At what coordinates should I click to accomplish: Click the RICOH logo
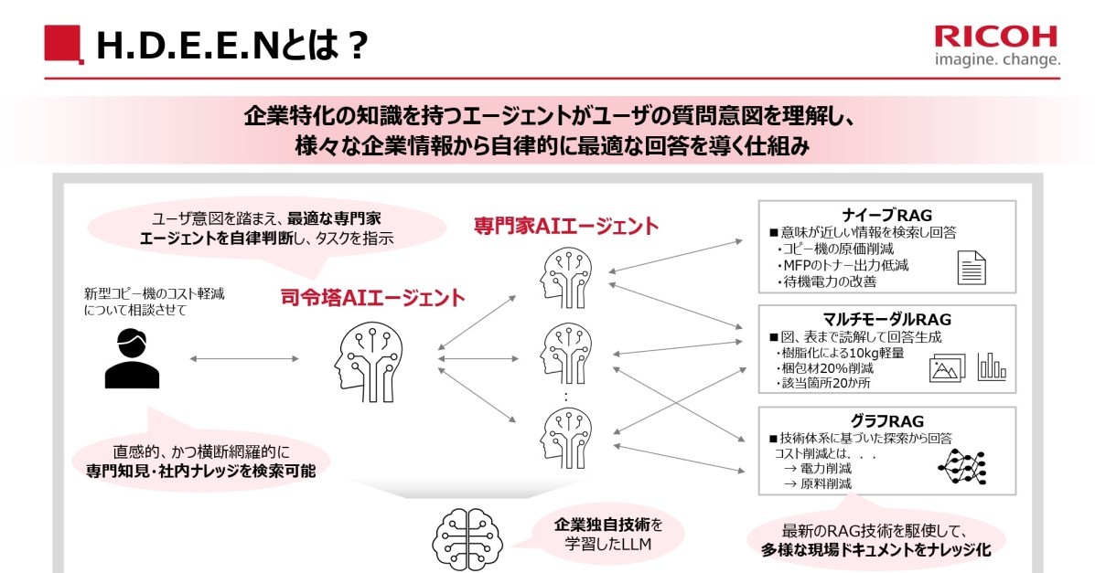[x=995, y=36]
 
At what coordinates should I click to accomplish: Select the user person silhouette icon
[x=131, y=359]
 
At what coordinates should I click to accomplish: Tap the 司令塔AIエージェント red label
[x=372, y=298]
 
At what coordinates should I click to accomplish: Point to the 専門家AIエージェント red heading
[x=565, y=225]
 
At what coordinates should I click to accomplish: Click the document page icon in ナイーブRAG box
[x=972, y=268]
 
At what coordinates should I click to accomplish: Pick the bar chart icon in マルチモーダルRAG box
[x=992, y=366]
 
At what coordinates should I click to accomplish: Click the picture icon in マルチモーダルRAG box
[x=948, y=368]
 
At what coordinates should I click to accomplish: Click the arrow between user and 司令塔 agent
[x=244, y=359]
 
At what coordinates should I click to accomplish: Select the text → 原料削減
[x=817, y=483]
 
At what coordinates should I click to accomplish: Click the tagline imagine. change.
[x=997, y=60]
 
